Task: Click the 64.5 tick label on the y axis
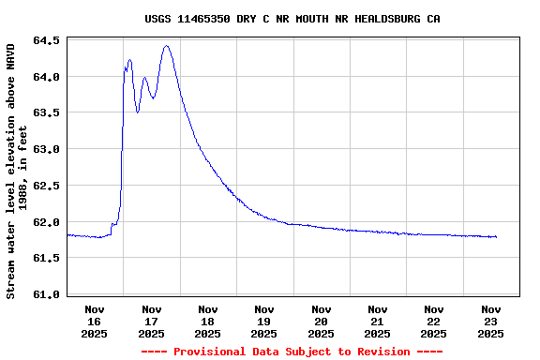pyautogui.click(x=47, y=40)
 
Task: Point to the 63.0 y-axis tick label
pyautogui.click(x=47, y=149)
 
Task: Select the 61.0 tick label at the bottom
pyautogui.click(x=47, y=294)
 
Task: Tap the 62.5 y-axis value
pyautogui.click(x=47, y=186)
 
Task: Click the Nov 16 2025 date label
pyautogui.click(x=95, y=321)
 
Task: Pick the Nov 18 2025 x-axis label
pyautogui.click(x=208, y=321)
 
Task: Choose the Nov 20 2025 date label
pyautogui.click(x=321, y=321)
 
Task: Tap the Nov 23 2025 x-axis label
pyautogui.click(x=490, y=321)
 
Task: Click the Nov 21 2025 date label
pyautogui.click(x=377, y=321)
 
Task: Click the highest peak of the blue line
pyautogui.click(x=166, y=46)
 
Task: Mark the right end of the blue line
pyautogui.click(x=496, y=237)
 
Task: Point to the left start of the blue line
pyautogui.click(x=67, y=235)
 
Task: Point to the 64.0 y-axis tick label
pyautogui.click(x=47, y=77)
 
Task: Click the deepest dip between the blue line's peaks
pyautogui.click(x=138, y=112)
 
